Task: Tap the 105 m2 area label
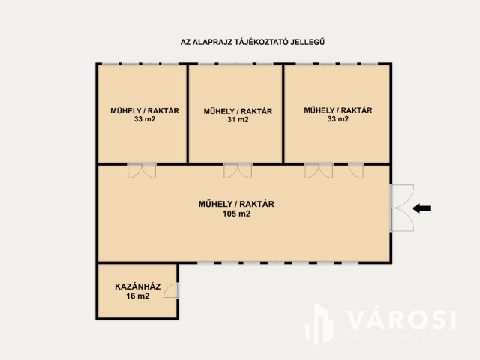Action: [x=236, y=214]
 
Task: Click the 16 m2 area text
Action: [x=138, y=296]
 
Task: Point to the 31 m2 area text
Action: [x=238, y=119]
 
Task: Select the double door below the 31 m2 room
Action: [x=238, y=170]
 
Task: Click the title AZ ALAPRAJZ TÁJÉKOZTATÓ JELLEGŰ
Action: [x=257, y=43]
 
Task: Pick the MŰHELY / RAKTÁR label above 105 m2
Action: [x=236, y=204]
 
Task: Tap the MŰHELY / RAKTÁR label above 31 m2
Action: [x=238, y=111]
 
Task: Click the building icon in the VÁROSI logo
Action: [x=321, y=324]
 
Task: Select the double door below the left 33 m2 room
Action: [x=142, y=170]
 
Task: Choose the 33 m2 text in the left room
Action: [x=145, y=118]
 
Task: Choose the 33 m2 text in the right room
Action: [x=337, y=118]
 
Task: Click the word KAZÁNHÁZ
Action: [x=138, y=286]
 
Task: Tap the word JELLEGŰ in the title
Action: [x=315, y=43]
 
